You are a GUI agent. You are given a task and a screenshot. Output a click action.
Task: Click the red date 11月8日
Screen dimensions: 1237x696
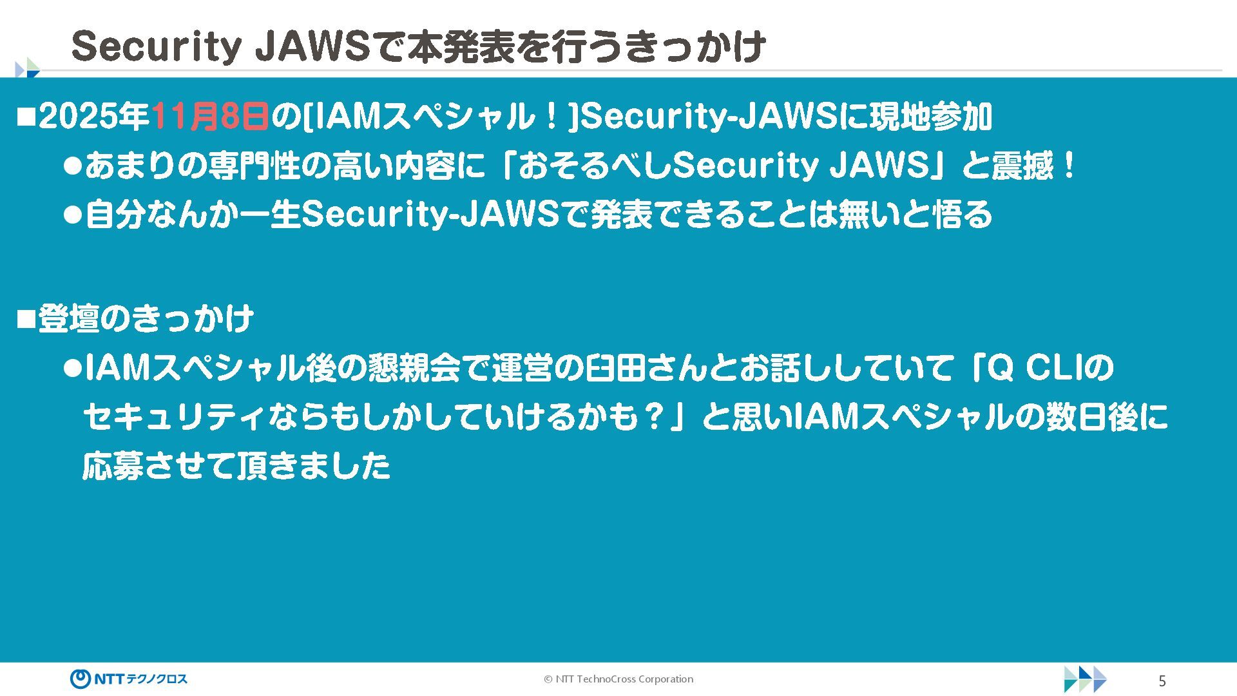210,117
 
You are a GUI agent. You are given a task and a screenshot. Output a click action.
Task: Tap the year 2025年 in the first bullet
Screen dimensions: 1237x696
94,117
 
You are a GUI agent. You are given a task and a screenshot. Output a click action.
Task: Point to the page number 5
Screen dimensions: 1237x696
1162,681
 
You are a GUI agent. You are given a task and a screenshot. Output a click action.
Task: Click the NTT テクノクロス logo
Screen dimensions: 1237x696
129,679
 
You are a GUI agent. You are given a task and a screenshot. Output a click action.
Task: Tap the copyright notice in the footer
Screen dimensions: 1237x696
618,679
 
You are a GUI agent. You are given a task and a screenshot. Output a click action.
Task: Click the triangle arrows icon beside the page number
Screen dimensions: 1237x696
1085,679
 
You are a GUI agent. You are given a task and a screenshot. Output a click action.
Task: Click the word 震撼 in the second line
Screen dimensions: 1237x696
1023,166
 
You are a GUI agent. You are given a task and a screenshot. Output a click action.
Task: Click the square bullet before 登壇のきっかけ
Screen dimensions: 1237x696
26,318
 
